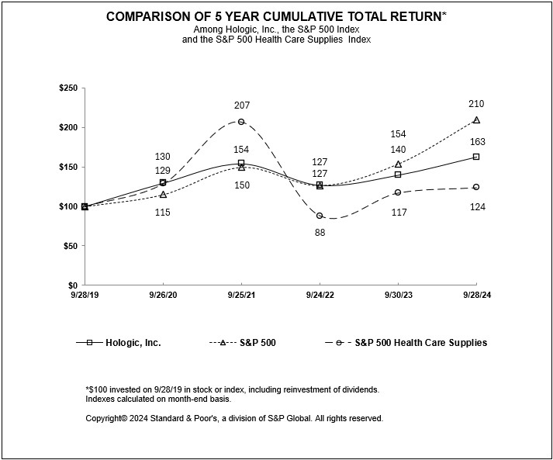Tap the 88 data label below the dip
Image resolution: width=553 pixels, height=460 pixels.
tap(320, 232)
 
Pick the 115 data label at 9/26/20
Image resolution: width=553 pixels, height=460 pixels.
tap(162, 212)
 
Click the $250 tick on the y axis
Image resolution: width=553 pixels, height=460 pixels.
tap(67, 88)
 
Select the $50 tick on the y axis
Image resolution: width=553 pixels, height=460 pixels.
tap(70, 246)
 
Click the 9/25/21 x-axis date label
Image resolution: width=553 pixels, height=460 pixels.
tap(241, 296)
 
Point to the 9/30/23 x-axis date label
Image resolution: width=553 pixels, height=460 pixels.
tap(398, 296)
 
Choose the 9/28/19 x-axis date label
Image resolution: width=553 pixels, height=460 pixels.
tap(85, 296)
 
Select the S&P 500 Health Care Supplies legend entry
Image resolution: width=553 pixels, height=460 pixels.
tap(421, 342)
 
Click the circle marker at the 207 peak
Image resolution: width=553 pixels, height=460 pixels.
tap(241, 122)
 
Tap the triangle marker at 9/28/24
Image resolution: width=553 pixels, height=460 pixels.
tap(476, 120)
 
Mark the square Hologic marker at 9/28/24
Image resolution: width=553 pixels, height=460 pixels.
tap(476, 157)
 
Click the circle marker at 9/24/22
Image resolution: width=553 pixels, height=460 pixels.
tap(320, 216)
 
